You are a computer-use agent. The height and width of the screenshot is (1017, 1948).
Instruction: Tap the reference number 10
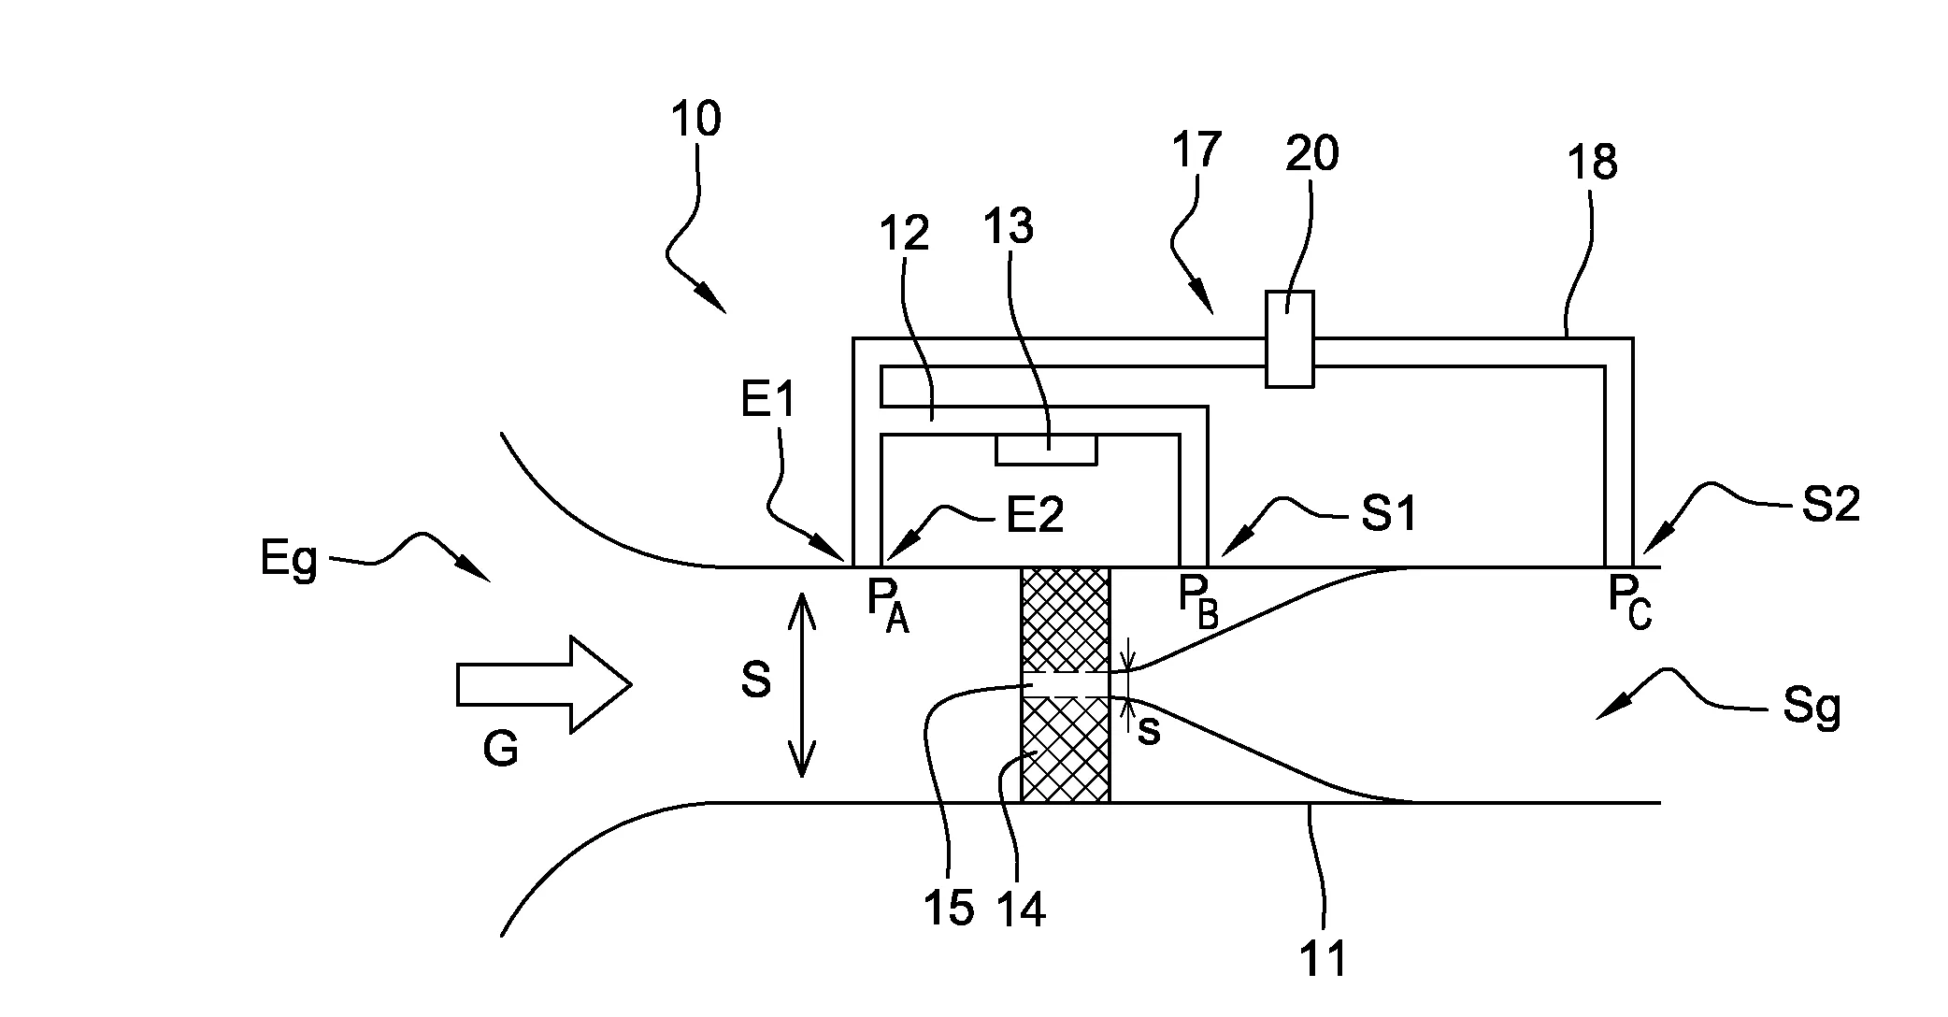(x=695, y=120)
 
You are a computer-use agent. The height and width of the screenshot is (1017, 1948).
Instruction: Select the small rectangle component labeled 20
(x=1289, y=338)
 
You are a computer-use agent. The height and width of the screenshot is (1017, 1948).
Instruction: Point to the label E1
(x=768, y=400)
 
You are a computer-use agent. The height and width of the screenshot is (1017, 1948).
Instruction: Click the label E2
(x=1035, y=515)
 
